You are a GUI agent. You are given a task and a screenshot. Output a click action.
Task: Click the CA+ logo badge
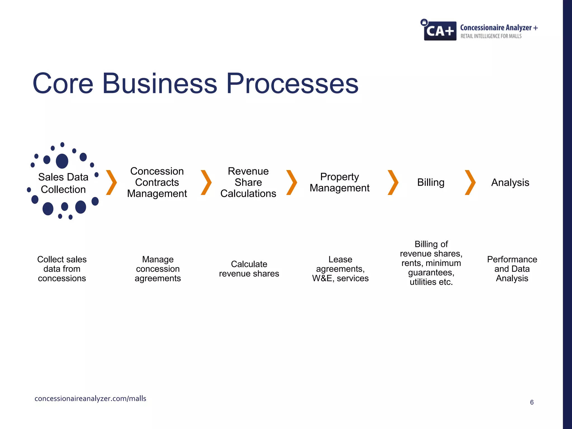440,30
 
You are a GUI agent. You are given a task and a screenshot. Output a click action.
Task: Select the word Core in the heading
63,84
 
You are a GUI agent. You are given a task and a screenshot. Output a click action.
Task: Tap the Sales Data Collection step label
63,183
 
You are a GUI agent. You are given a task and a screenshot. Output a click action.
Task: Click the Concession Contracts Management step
157,182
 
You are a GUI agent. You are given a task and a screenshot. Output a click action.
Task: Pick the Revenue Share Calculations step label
248,182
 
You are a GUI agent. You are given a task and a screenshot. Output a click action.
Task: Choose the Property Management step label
339,182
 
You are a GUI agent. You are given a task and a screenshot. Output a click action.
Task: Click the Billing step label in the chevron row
431,182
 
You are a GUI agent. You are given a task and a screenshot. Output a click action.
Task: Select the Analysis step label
510,182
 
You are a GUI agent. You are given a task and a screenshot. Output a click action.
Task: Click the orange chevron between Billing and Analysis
470,182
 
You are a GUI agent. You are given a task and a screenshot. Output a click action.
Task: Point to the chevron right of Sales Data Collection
111,182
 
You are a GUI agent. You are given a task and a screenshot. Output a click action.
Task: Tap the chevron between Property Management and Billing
393,182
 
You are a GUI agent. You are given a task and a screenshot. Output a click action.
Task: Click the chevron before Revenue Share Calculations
206,182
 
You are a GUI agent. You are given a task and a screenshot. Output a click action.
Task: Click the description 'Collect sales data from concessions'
62,269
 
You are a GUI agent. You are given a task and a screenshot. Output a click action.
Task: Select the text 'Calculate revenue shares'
249,269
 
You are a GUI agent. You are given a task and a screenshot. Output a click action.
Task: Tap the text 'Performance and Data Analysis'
512,269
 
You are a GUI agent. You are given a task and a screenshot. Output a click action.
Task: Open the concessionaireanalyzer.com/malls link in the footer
90,399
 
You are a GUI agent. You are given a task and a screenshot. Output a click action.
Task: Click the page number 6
532,402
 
